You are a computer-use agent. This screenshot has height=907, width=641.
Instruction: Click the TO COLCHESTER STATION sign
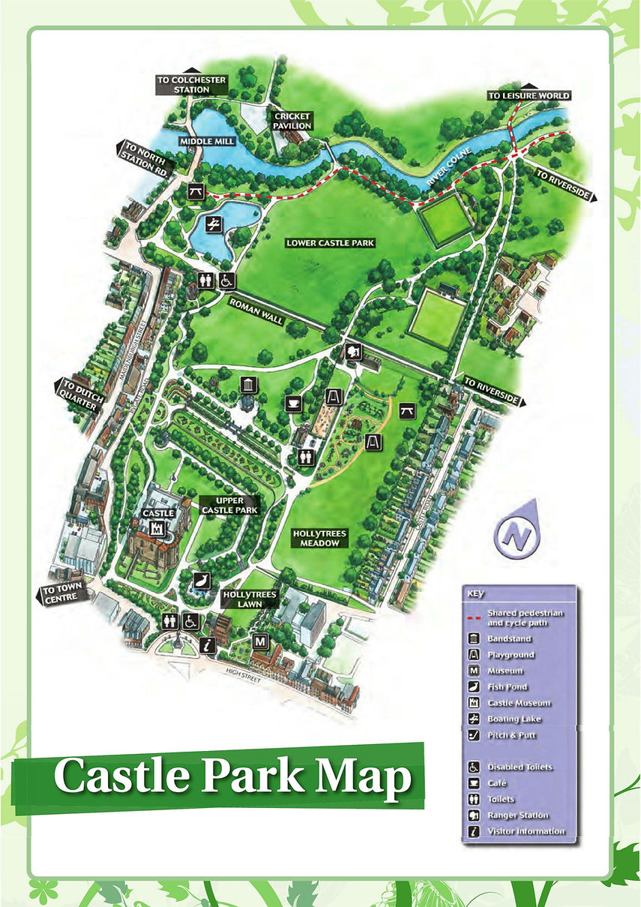(181, 84)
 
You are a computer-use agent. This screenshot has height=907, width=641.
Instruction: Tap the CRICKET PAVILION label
(292, 121)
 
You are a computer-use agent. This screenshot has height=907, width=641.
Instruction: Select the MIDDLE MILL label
(196, 141)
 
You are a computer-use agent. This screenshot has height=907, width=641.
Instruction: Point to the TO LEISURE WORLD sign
(529, 96)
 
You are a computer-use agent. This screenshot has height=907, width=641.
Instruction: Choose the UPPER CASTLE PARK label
(229, 505)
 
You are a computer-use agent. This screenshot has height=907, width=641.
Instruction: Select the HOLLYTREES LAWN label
(250, 598)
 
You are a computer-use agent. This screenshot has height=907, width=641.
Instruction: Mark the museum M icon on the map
(260, 642)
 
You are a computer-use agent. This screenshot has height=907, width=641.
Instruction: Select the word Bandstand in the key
(509, 639)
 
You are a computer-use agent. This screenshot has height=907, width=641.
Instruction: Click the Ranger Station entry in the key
(517, 815)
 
